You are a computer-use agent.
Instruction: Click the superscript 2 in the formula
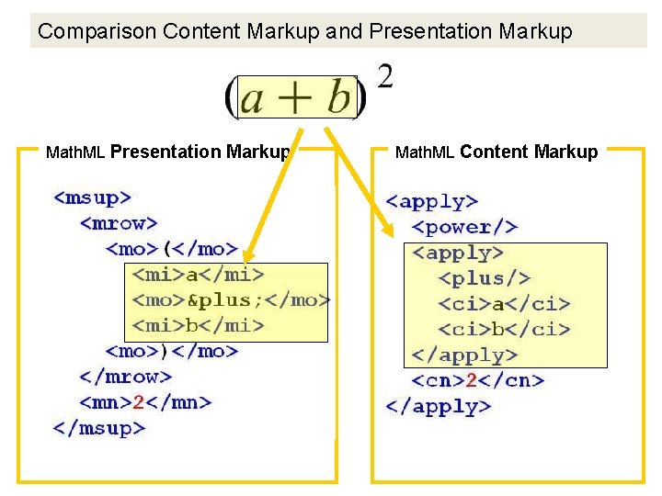tap(385, 76)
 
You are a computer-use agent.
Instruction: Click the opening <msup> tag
tap(93, 197)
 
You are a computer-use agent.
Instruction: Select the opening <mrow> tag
tap(119, 222)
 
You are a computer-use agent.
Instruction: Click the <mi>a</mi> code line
tap(199, 274)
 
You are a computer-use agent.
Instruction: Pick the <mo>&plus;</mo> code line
tap(231, 299)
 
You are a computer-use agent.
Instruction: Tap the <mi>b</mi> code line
tap(199, 325)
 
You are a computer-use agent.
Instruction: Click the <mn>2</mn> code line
tap(145, 402)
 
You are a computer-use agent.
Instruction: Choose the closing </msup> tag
tap(99, 428)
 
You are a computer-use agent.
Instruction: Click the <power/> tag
tap(465, 227)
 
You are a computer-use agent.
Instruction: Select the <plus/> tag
tap(485, 278)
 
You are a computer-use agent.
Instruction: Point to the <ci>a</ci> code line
tap(504, 304)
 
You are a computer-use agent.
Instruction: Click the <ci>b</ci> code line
tap(504, 329)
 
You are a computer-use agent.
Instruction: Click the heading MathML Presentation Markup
tap(168, 152)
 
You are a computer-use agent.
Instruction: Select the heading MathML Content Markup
tap(496, 152)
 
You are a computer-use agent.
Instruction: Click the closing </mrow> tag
tap(125, 377)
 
